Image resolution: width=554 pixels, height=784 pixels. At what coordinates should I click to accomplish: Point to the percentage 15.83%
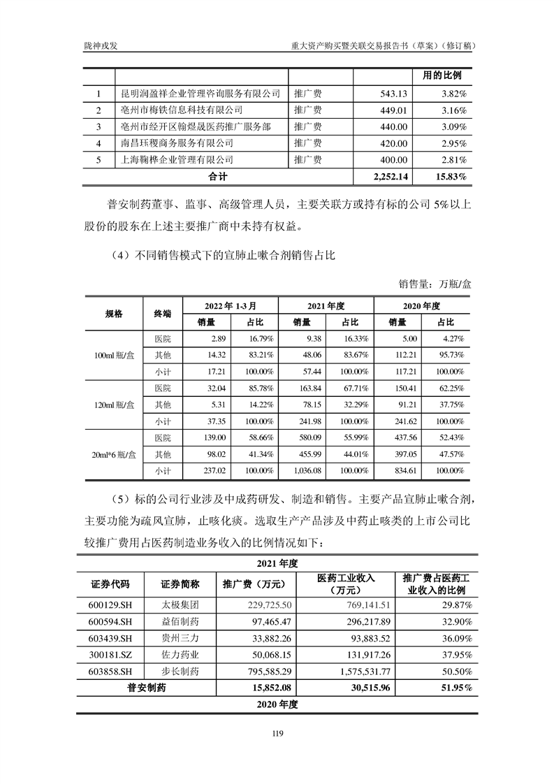click(x=451, y=177)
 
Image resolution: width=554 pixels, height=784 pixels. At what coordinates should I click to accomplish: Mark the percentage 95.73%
click(x=449, y=356)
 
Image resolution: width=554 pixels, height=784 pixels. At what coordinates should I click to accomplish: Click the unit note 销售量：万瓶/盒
click(x=435, y=284)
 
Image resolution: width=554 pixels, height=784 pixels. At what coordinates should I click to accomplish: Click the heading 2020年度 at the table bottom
click(x=277, y=704)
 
